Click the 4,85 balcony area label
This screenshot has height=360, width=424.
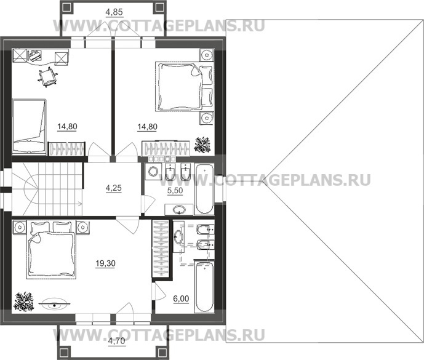(x=113, y=10)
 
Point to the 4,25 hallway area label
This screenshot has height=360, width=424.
(x=114, y=189)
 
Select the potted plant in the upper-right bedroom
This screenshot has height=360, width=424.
(x=202, y=145)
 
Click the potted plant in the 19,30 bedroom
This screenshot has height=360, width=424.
(x=24, y=301)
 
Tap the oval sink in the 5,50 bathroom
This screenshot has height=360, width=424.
(x=180, y=210)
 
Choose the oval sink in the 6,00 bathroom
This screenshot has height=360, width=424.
(x=178, y=236)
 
